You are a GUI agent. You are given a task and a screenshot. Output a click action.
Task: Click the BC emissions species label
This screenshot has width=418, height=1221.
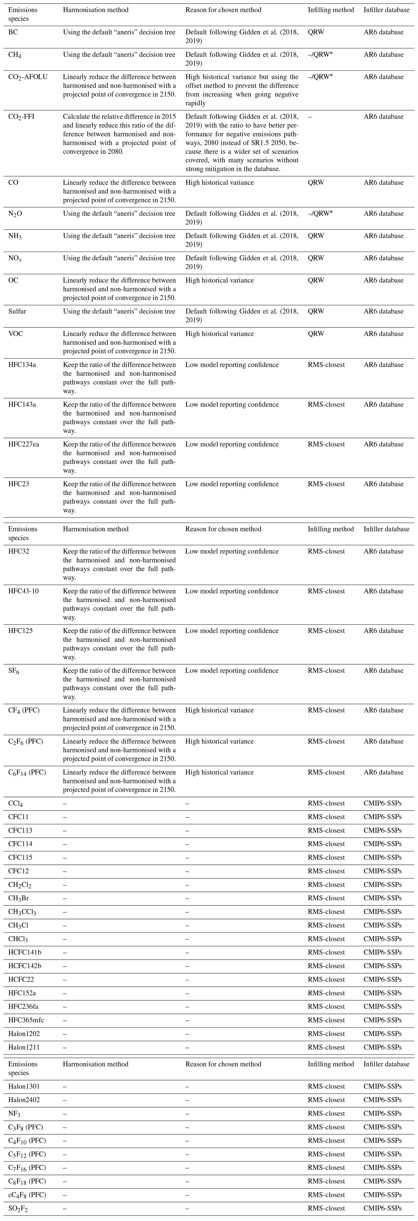[13, 32]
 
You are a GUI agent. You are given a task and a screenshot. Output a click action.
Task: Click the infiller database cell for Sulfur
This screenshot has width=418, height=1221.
[383, 311]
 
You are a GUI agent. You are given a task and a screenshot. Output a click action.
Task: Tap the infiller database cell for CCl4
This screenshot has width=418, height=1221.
[382, 803]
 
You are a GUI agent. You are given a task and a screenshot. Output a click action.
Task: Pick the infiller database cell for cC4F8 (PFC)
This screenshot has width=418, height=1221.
[382, 1195]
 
